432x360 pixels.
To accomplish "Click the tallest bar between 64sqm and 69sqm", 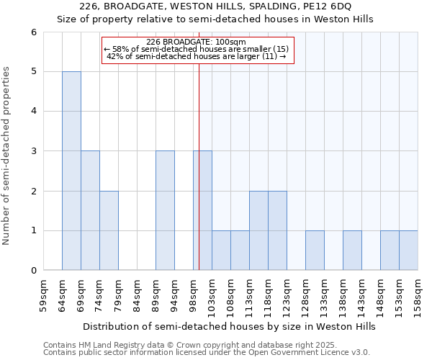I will click(x=71, y=171).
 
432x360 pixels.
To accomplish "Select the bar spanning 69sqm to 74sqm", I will click(x=90, y=210).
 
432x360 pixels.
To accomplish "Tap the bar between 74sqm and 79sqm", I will click(x=109, y=230).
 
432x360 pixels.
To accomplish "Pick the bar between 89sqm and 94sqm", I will click(x=165, y=210).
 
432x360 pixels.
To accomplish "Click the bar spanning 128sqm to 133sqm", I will click(x=315, y=251).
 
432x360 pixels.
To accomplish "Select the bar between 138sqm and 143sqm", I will click(x=352, y=251).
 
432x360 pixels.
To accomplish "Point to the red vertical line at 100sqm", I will click(x=199, y=166).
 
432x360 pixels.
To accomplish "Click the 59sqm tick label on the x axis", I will click(x=44, y=293).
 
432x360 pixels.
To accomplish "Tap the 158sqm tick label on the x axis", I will click(x=418, y=293).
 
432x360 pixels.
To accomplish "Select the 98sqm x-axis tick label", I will click(x=194, y=293).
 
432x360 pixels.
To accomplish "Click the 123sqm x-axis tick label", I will click(x=287, y=293).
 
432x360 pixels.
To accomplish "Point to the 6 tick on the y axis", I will click(x=33, y=32).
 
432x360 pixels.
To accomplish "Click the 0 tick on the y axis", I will click(x=33, y=271).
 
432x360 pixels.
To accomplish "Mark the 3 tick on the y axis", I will click(x=33, y=151).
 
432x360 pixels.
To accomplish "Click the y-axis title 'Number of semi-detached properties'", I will click(x=7, y=156).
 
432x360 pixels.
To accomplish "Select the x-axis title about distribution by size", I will click(x=230, y=326).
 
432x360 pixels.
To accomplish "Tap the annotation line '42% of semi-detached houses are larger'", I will click(x=196, y=56).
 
